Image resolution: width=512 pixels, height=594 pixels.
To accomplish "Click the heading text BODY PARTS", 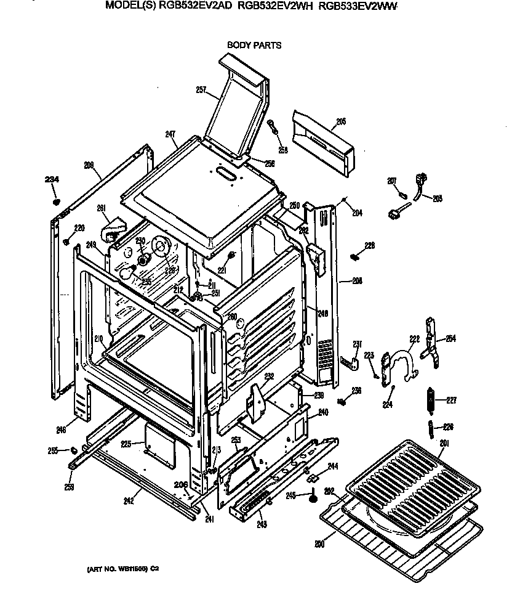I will pos(254,45).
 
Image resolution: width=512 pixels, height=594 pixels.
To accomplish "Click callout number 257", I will pos(201,90).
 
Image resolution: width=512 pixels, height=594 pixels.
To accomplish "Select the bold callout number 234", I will pos(52,179).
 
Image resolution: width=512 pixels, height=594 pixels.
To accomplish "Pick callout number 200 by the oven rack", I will pos(319,543).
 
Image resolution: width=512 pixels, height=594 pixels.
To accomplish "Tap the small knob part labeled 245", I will pos(313,494).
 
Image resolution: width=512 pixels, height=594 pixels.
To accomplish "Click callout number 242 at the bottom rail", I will pos(128,501).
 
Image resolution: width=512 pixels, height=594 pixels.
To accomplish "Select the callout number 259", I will pos(69,487).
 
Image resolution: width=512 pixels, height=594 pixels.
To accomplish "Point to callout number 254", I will pos(451,338).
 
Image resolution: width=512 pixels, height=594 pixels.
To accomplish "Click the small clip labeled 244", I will pos(313,477).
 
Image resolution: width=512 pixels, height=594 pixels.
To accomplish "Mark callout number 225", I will pos(126,444).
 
